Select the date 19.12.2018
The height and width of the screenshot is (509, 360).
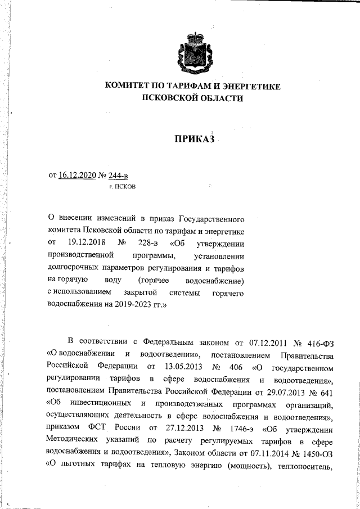(x=84, y=242)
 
